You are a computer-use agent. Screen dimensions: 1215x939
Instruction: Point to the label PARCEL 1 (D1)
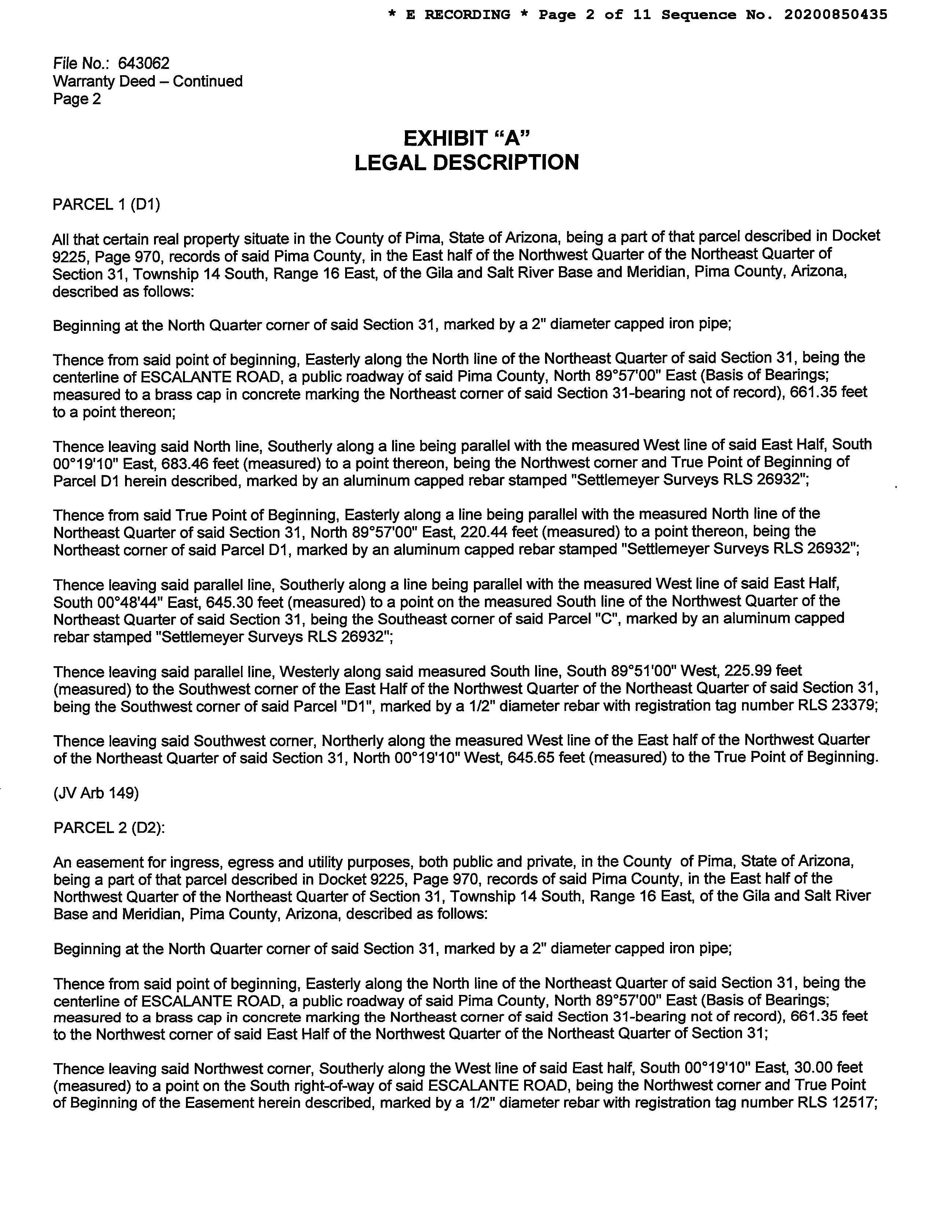[106, 205]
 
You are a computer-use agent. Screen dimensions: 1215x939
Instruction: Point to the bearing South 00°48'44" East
[127, 602]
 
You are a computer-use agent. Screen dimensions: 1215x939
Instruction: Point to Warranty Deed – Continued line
[148, 81]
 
